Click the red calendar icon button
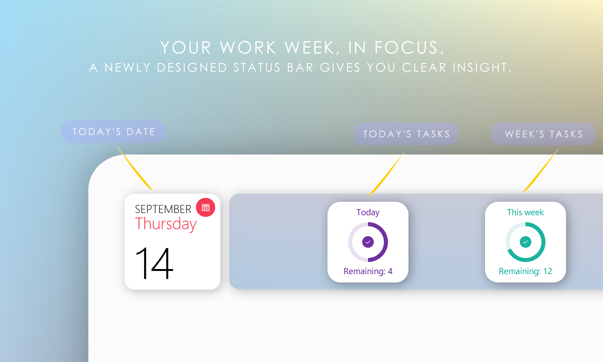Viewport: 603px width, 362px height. pos(206,208)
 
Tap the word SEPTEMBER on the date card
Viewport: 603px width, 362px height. pos(163,209)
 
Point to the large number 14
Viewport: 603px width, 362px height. pos(154,263)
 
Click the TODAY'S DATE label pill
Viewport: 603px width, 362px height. pos(114,132)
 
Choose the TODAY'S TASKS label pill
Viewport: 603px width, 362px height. pos(406,134)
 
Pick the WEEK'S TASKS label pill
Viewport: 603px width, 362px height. pos(544,134)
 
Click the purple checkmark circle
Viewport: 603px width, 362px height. pos(368,242)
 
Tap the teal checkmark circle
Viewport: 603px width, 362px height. pos(525,242)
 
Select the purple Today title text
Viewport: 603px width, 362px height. pos(368,213)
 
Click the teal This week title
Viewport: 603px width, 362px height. pos(525,212)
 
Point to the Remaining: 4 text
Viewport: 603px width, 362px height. pos(368,271)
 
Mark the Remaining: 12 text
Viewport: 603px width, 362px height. pos(525,271)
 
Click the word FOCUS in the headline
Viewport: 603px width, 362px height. pos(409,48)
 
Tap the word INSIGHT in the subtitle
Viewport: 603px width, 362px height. pos(482,68)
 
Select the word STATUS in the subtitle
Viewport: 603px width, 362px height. pos(257,68)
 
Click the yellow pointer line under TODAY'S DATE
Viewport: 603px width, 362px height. pos(134,168)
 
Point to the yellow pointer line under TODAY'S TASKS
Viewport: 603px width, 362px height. pos(387,174)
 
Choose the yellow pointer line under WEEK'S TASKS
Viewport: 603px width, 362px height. pos(541,170)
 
